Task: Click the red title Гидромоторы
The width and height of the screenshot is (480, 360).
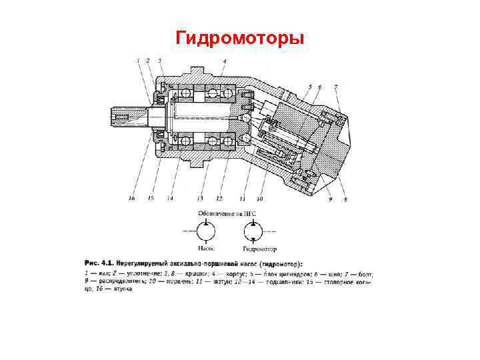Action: click(240, 38)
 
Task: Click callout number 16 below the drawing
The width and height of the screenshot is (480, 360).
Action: click(131, 199)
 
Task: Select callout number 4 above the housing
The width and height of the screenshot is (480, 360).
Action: click(225, 61)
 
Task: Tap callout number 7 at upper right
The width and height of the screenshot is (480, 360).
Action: click(335, 87)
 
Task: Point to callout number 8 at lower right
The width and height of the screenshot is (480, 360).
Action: click(345, 199)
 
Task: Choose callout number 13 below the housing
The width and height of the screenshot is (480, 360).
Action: click(199, 199)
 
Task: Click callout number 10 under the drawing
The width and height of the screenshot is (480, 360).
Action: click(260, 199)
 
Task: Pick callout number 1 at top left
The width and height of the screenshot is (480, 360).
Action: click(138, 61)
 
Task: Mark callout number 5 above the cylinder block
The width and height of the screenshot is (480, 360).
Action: click(310, 87)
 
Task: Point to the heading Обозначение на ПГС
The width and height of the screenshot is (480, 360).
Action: click(227, 213)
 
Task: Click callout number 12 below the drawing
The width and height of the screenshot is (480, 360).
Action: click(219, 199)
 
